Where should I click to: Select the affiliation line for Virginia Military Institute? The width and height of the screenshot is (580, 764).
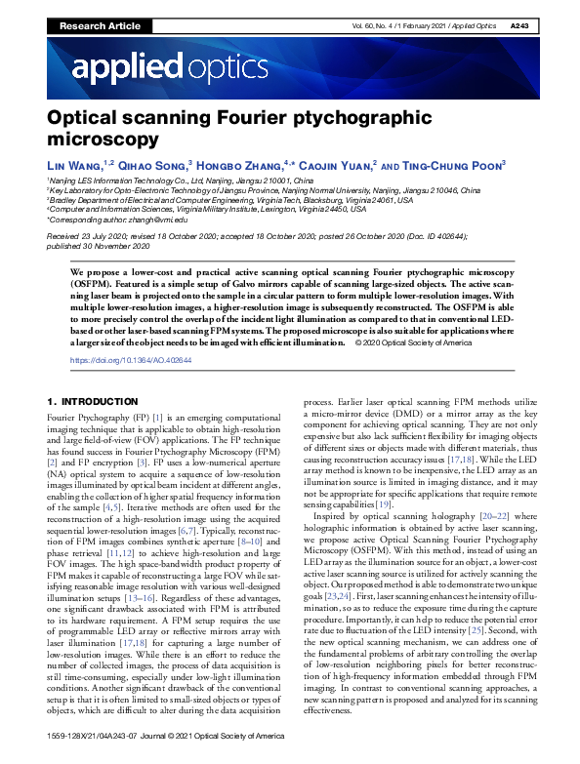pyautogui.click(x=207, y=210)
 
